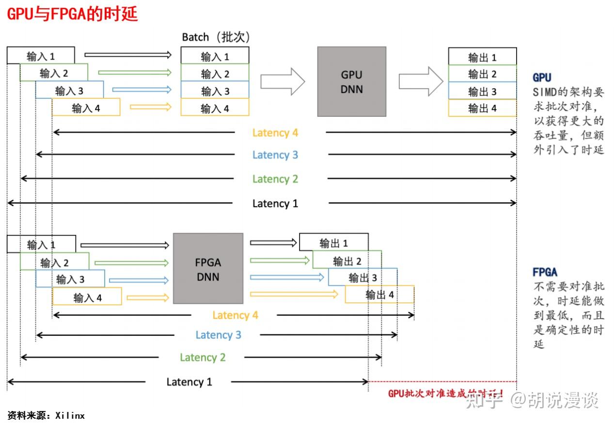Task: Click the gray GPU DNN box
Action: [x=351, y=81]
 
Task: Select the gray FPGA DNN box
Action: [x=208, y=268]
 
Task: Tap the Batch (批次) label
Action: [x=216, y=37]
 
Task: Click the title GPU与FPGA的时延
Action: [x=73, y=14]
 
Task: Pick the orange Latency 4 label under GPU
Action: [x=275, y=133]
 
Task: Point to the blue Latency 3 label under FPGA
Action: [x=218, y=335]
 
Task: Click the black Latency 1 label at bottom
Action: [x=189, y=382]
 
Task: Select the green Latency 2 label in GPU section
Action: [x=275, y=179]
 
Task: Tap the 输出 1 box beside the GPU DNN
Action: [x=482, y=57]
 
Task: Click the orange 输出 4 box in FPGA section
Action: [x=379, y=295]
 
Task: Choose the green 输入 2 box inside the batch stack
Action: [x=215, y=74]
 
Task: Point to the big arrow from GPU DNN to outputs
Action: [x=421, y=81]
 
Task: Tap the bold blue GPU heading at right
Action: [x=542, y=78]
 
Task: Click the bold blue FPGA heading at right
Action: [x=545, y=272]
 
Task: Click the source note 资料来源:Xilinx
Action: [x=46, y=415]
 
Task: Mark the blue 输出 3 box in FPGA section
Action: [x=362, y=277]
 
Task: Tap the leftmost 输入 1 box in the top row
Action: [x=41, y=56]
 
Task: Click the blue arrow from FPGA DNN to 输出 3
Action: [x=287, y=277]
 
